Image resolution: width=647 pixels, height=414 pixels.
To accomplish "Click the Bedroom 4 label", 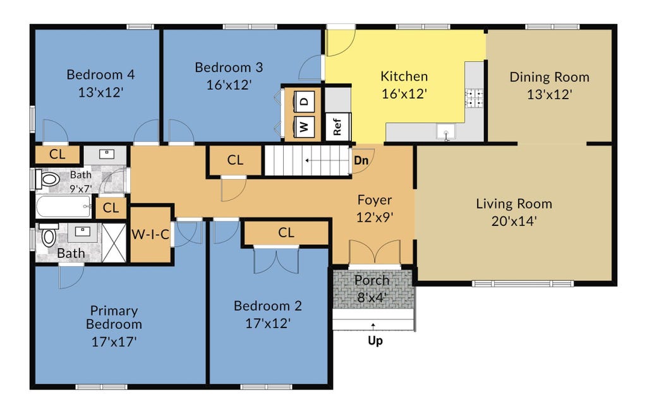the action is tap(100, 74).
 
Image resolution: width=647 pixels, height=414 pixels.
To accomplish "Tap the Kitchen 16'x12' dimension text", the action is tap(404, 94).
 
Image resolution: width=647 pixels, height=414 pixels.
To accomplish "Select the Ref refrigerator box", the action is tap(338, 126).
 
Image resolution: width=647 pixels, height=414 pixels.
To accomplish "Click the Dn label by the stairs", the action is tap(361, 160).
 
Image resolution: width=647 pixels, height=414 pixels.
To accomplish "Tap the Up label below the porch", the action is tap(375, 341).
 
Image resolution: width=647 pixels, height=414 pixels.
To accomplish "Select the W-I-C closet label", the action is tap(150, 235).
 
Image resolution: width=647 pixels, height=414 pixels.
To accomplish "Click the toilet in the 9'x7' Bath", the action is tap(48, 179).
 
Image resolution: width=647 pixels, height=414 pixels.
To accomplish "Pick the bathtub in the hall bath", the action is tap(63, 206).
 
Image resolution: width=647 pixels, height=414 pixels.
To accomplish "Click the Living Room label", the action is tap(514, 204).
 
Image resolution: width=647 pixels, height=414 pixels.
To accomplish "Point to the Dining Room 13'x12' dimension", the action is tap(549, 95).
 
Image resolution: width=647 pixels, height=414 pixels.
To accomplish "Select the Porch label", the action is tap(372, 280).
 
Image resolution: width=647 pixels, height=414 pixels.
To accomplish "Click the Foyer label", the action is tap(374, 200).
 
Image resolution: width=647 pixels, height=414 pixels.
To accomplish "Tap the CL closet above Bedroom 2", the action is tap(286, 233).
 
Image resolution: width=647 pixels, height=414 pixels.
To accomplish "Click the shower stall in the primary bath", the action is tap(114, 242).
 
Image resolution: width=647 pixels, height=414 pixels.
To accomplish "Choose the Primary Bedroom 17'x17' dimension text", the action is tap(114, 342).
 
